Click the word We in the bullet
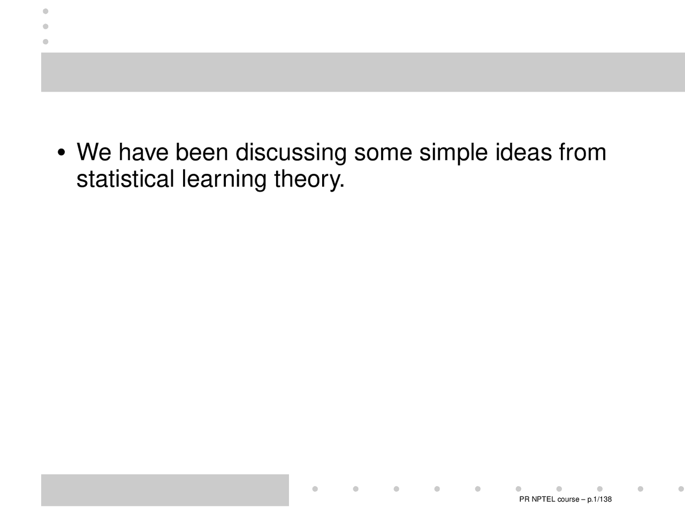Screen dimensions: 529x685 tap(94, 152)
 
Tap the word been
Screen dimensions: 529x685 tap(202, 152)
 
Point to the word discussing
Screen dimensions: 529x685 tap(291, 154)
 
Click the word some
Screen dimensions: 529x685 tap(383, 152)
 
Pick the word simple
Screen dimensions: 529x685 tap(453, 154)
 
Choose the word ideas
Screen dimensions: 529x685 tap(523, 152)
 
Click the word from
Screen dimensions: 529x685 tap(582, 152)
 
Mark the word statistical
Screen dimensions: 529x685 tap(125, 179)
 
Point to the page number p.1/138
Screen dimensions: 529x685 tap(599, 500)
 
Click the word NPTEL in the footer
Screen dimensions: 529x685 tap(543, 500)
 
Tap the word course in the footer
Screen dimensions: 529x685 tap(568, 500)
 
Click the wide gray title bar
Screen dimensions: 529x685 tap(363, 72)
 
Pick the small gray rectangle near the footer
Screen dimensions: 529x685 tap(165, 490)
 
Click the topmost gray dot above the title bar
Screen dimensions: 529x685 tap(45, 11)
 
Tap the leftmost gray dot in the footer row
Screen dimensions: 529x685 tap(315, 489)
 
